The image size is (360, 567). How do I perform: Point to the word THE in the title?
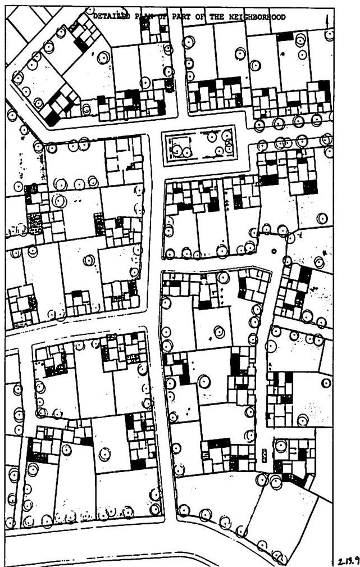point(217,17)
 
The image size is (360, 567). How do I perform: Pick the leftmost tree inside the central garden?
point(177,150)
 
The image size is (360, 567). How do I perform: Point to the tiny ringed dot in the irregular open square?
point(274,251)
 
